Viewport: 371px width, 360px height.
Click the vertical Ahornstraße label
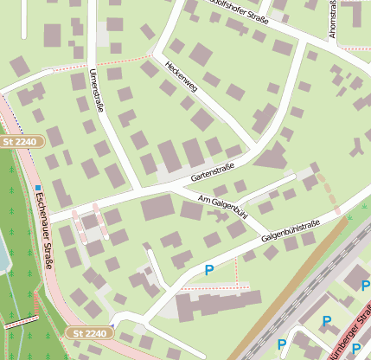(x=333, y=19)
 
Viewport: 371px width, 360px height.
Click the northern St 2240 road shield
(x=21, y=141)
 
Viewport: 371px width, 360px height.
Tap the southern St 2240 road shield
(x=89, y=332)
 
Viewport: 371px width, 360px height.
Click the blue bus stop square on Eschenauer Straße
(x=38, y=187)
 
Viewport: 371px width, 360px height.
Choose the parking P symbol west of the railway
(x=208, y=271)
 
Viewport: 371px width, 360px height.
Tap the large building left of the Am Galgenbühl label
(x=157, y=208)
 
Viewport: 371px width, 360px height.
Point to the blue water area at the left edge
(x=3, y=254)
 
